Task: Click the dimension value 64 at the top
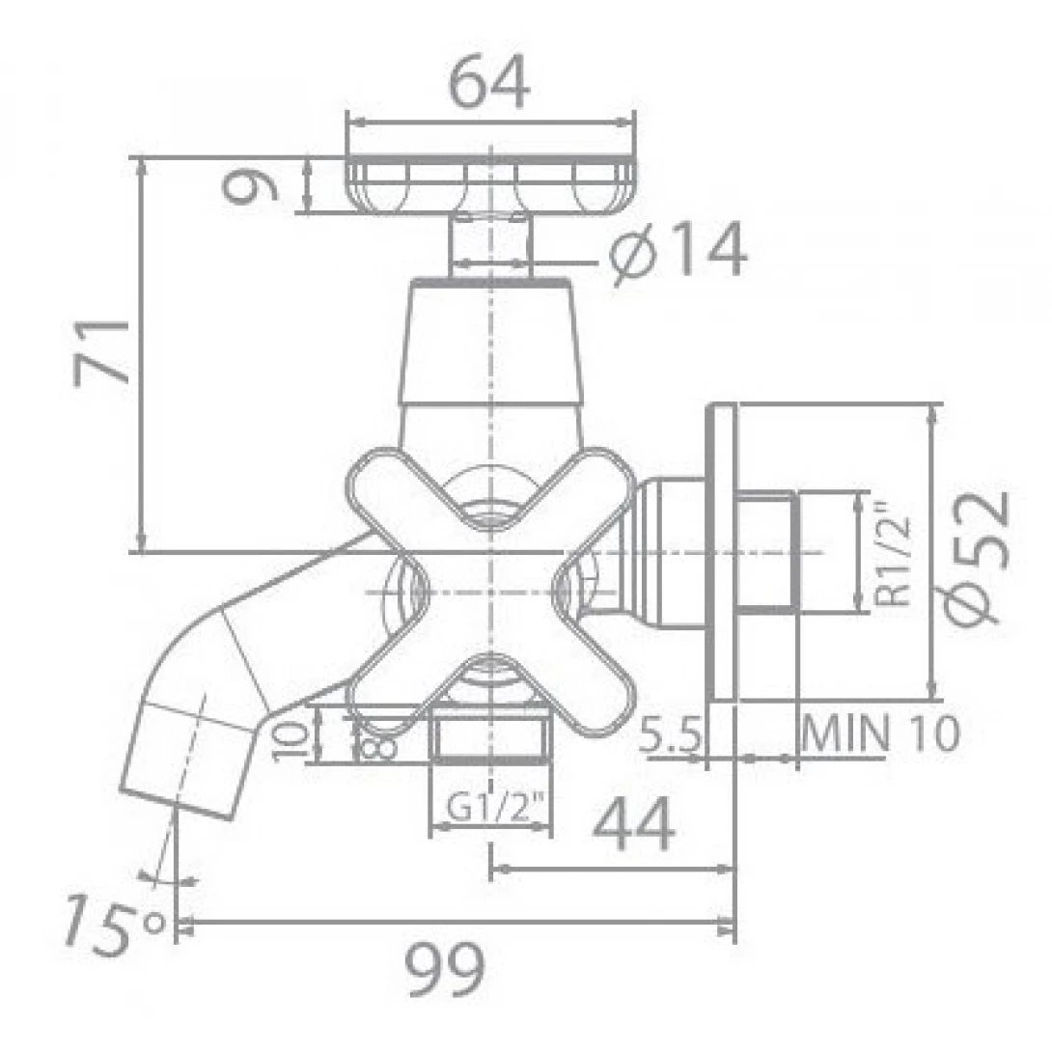[489, 82]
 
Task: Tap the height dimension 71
[102, 351]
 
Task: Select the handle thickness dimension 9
[250, 186]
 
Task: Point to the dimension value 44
[634, 823]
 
